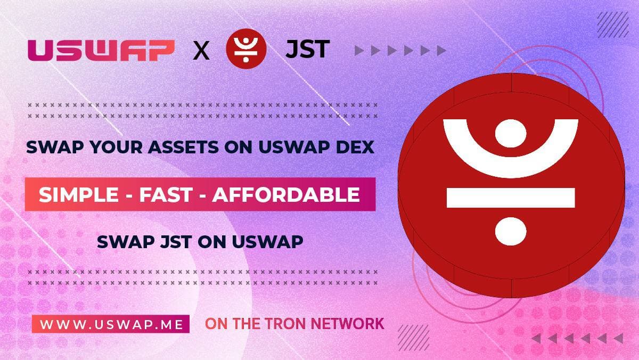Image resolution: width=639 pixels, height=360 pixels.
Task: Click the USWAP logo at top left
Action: tap(101, 50)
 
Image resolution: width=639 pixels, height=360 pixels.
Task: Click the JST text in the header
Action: tap(307, 50)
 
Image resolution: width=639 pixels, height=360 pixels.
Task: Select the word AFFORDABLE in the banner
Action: tap(286, 195)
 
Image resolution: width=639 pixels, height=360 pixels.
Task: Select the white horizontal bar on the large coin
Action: tap(510, 198)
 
